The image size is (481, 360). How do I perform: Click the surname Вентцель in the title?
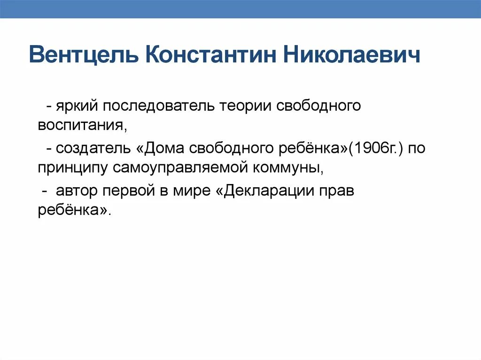click(x=83, y=55)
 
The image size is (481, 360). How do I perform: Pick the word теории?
click(x=245, y=106)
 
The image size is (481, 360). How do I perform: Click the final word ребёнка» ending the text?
click(x=74, y=211)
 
